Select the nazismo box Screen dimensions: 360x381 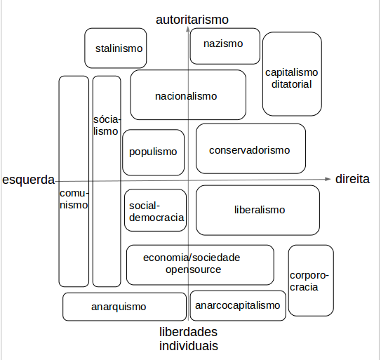pyautogui.click(x=225, y=44)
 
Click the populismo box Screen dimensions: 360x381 pyautogui.click(x=153, y=152)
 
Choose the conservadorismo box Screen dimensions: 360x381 pyautogui.click(x=250, y=149)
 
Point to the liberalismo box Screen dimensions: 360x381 pyautogui.click(x=259, y=209)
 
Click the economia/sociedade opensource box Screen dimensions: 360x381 pyautogui.click(x=199, y=263)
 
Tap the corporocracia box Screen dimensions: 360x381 pyautogui.click(x=309, y=281)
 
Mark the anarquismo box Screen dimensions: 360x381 pyautogui.click(x=119, y=307)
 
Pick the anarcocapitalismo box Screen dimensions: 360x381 pyautogui.click(x=238, y=305)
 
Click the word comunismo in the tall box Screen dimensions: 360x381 pyautogui.click(x=73, y=199)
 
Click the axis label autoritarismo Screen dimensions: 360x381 pyautogui.click(x=193, y=19)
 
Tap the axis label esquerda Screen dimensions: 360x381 pyautogui.click(x=29, y=180)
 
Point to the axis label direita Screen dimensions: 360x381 pyautogui.click(x=352, y=179)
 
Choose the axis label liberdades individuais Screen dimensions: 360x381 pyautogui.click(x=188, y=339)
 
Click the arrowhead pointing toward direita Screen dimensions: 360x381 pyautogui.click(x=328, y=179)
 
